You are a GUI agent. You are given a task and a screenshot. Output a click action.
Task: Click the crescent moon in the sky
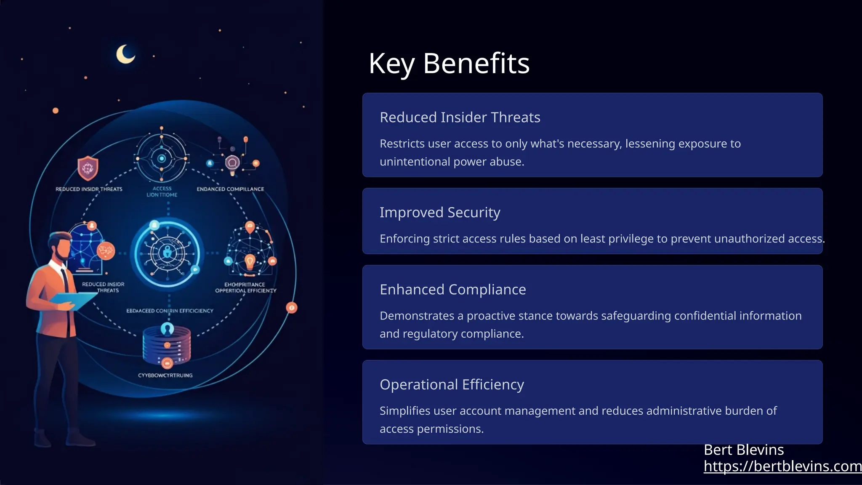(125, 54)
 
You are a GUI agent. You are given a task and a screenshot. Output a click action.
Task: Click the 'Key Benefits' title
(449, 64)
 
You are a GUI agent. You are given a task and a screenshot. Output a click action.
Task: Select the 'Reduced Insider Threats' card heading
(460, 117)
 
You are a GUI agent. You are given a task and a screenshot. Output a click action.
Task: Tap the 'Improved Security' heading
(440, 213)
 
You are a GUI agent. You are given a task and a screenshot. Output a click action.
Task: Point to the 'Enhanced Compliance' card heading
(452, 290)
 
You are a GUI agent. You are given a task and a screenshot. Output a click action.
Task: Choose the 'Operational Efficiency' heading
(452, 385)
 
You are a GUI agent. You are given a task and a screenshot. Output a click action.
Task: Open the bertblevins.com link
(782, 466)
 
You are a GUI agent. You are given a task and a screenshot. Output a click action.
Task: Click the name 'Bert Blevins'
(744, 450)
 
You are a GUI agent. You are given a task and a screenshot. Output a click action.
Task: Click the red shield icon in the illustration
(88, 168)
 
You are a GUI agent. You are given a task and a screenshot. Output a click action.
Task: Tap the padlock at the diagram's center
(168, 253)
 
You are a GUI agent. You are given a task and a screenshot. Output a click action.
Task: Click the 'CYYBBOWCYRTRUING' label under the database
(165, 375)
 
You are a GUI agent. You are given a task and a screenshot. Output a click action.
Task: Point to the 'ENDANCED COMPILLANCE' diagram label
(230, 189)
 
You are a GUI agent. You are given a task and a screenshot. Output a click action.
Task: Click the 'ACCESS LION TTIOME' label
(162, 192)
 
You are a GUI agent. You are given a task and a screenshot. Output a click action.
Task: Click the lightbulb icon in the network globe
(250, 261)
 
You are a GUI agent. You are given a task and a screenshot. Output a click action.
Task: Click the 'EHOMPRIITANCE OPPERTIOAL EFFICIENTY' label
(245, 288)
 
